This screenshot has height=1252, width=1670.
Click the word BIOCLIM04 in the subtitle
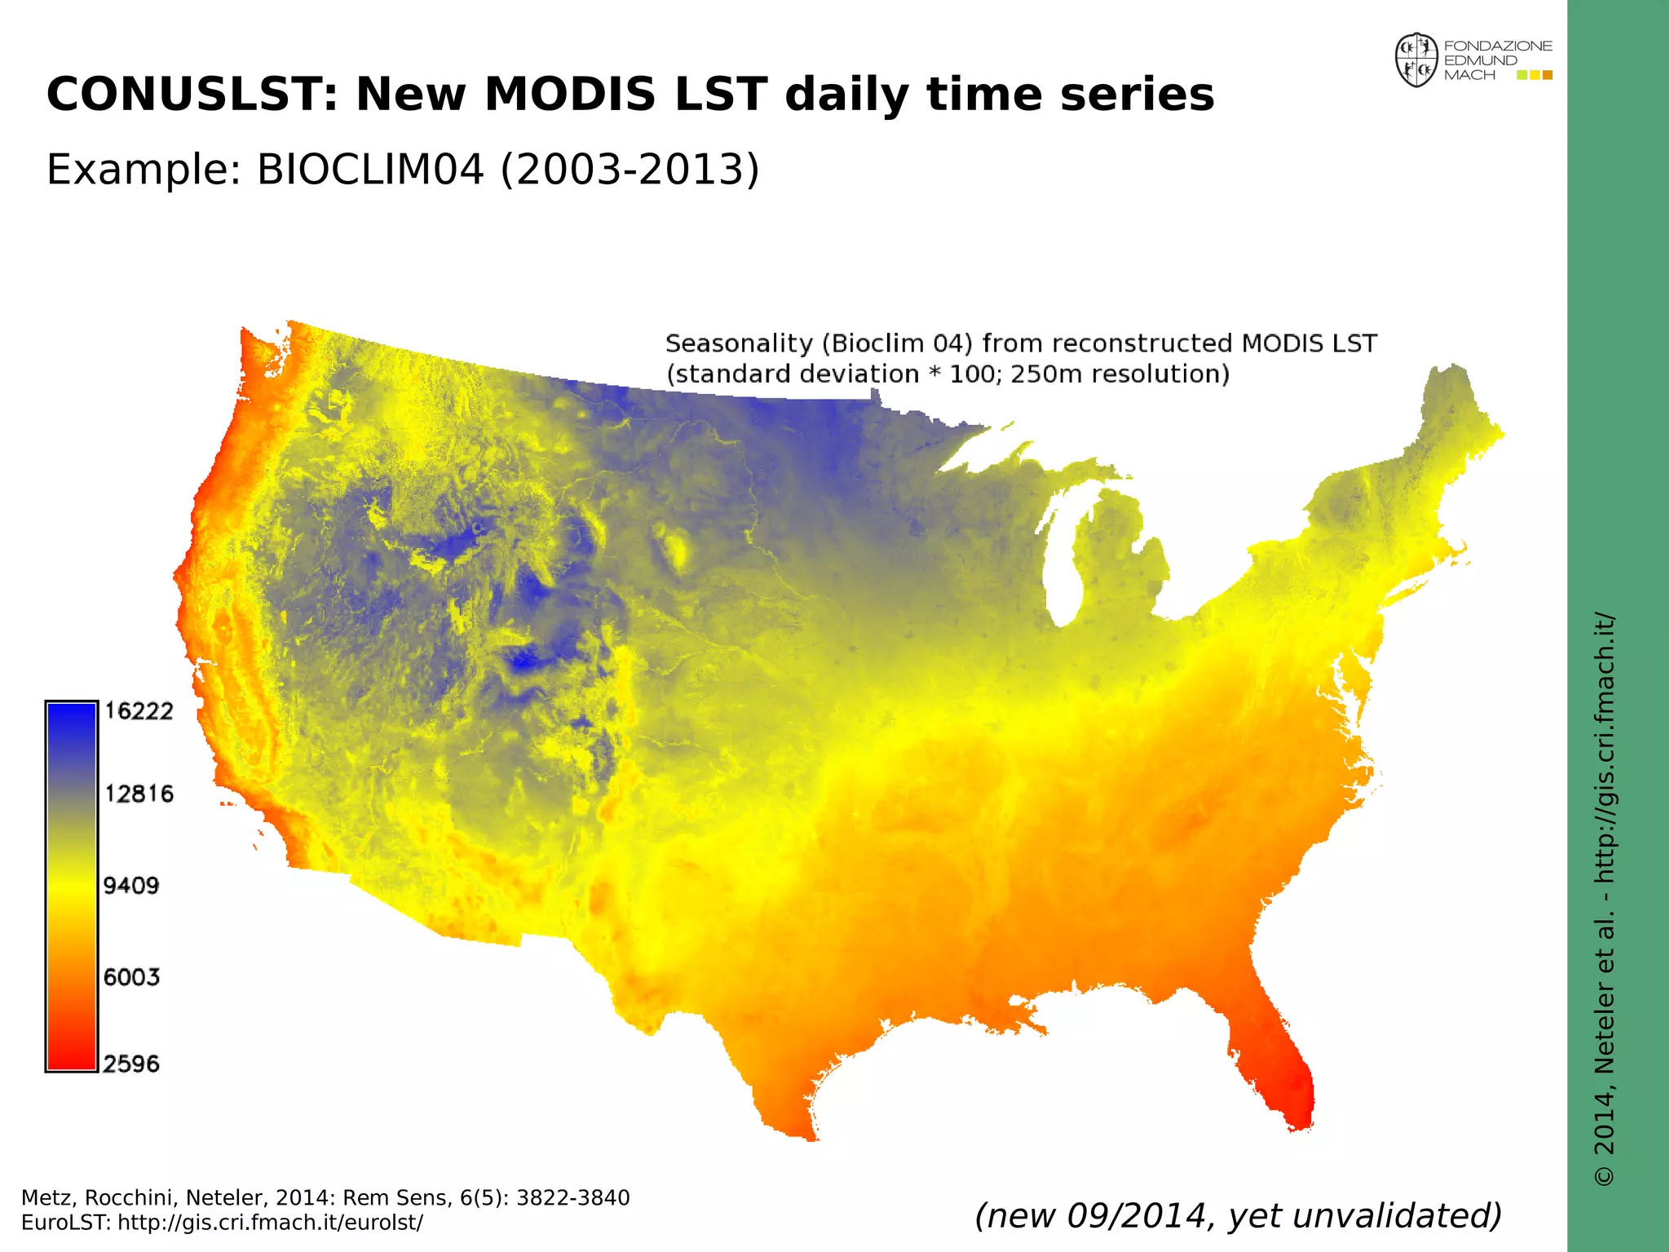click(370, 170)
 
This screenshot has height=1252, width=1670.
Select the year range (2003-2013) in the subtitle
click(630, 170)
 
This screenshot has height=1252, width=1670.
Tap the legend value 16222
click(139, 711)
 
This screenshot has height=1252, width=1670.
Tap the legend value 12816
click(139, 794)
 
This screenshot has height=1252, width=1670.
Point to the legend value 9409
click(130, 885)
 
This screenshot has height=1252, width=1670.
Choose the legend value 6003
click(130, 976)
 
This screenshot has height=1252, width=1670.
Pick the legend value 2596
click(130, 1064)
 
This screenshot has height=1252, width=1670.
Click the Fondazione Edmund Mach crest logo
click(1416, 60)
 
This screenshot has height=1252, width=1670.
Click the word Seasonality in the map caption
click(739, 343)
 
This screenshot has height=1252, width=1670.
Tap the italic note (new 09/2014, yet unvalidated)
click(1238, 1215)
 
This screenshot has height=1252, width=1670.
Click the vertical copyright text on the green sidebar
click(1604, 897)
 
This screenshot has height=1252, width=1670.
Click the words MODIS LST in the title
click(626, 94)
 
